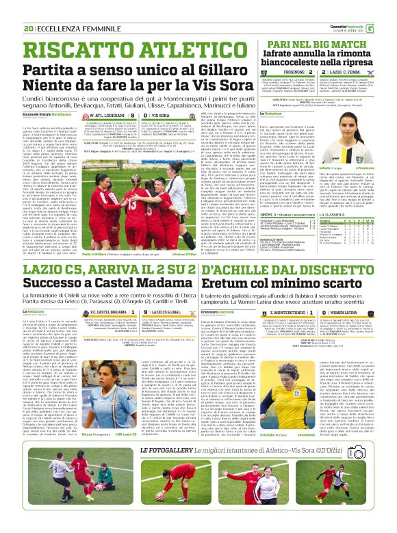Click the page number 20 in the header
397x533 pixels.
point(28,28)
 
